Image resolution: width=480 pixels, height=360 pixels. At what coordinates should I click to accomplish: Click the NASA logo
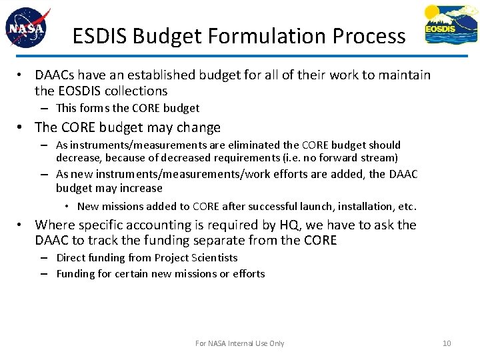[26, 29]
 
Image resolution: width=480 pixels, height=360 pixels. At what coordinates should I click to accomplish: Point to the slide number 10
[447, 343]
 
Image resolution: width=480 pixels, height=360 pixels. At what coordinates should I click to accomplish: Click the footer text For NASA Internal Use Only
[239, 343]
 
